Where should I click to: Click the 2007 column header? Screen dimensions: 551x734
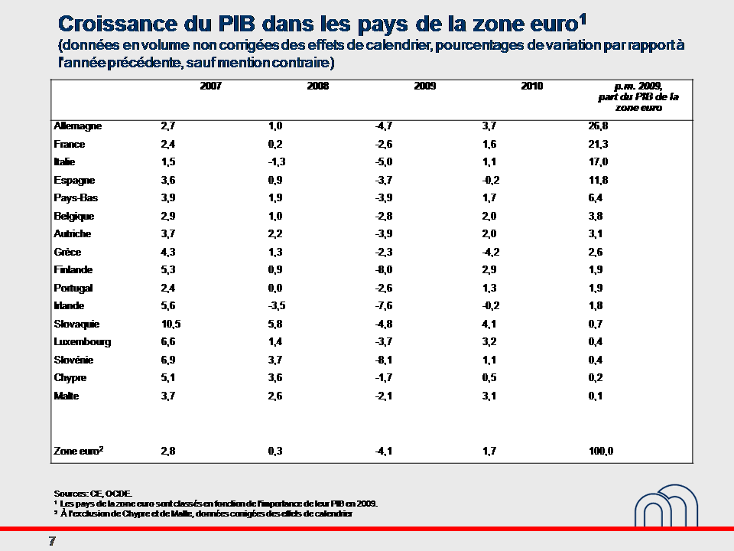click(211, 86)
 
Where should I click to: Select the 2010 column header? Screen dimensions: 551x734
click(532, 86)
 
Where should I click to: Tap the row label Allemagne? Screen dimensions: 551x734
click(78, 126)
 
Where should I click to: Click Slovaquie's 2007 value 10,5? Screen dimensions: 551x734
click(171, 324)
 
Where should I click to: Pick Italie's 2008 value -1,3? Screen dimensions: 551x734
click(277, 162)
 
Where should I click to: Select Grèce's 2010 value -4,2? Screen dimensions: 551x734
click(490, 253)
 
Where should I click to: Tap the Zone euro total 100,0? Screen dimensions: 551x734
click(601, 452)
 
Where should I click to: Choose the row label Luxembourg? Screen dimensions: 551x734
click(83, 342)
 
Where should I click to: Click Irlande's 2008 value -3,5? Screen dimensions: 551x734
click(277, 306)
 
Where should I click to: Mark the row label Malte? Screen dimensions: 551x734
click(67, 396)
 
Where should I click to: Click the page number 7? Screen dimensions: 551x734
click(52, 542)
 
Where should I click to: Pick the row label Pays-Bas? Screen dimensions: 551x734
click(76, 198)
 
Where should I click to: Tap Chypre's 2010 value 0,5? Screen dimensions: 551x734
click(490, 378)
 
